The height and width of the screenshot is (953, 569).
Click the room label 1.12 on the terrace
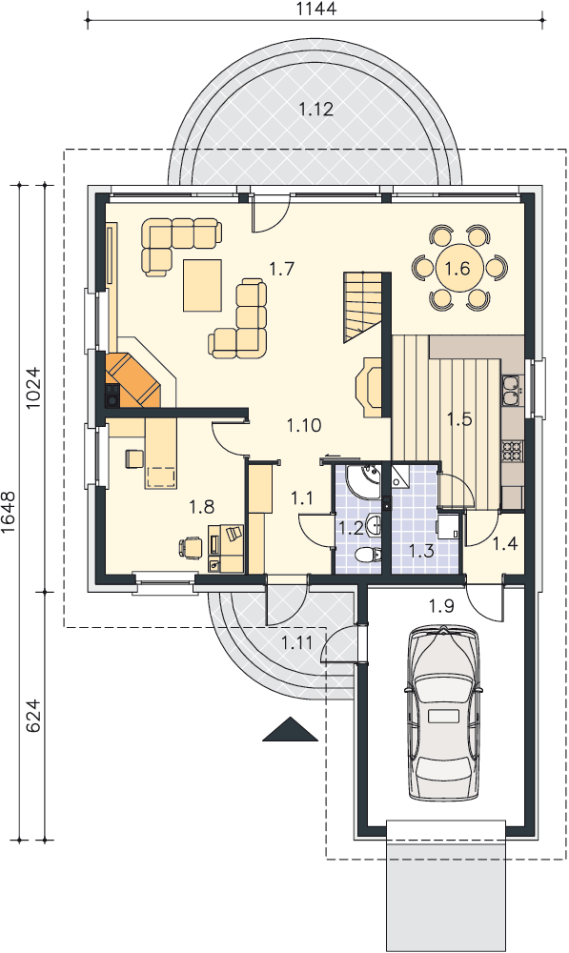click(316, 110)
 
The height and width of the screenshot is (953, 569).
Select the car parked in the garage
click(444, 714)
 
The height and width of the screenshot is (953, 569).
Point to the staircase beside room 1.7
click(363, 307)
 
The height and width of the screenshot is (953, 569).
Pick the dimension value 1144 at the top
click(316, 9)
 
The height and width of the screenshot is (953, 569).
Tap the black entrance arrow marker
click(290, 729)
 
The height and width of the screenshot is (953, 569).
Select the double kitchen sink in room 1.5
click(511, 390)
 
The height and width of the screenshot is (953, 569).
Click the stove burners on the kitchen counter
click(511, 450)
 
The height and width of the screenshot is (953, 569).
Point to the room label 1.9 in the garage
click(441, 606)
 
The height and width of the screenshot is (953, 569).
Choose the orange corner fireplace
click(133, 380)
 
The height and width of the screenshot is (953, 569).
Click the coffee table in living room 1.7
click(202, 285)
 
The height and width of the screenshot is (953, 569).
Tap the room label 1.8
click(201, 506)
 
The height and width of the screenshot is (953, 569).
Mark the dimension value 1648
click(9, 512)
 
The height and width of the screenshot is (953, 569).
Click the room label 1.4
click(505, 543)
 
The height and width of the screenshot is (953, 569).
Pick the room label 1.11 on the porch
click(296, 641)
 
